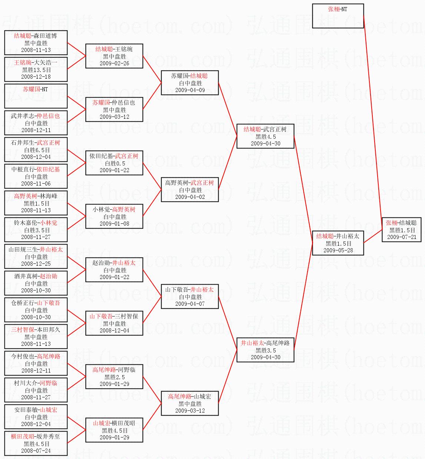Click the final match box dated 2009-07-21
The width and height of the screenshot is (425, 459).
point(401,230)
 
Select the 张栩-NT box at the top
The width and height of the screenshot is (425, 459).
point(338,16)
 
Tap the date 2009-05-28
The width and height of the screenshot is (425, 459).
point(338,250)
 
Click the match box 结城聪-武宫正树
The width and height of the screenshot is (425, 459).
point(265,136)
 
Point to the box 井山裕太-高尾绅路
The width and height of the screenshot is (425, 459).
point(265,350)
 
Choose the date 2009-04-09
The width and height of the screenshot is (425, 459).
point(190,90)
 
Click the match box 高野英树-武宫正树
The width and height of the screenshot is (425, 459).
point(190,190)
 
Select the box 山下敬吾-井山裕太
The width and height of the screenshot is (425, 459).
point(190,296)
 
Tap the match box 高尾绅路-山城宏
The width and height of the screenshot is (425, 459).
point(190,403)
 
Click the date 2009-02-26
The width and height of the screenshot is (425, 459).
point(114,63)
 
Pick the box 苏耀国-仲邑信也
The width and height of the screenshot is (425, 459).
point(114,109)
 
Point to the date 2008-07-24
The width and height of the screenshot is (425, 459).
point(36,451)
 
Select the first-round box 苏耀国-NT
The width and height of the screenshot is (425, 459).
point(36,96)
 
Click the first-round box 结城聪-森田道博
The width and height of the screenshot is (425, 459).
point(36,43)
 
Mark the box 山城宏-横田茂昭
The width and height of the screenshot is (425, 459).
point(114,430)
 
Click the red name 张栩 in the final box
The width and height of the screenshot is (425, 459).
point(391,223)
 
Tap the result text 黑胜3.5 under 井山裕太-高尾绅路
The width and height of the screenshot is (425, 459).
point(266,350)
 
